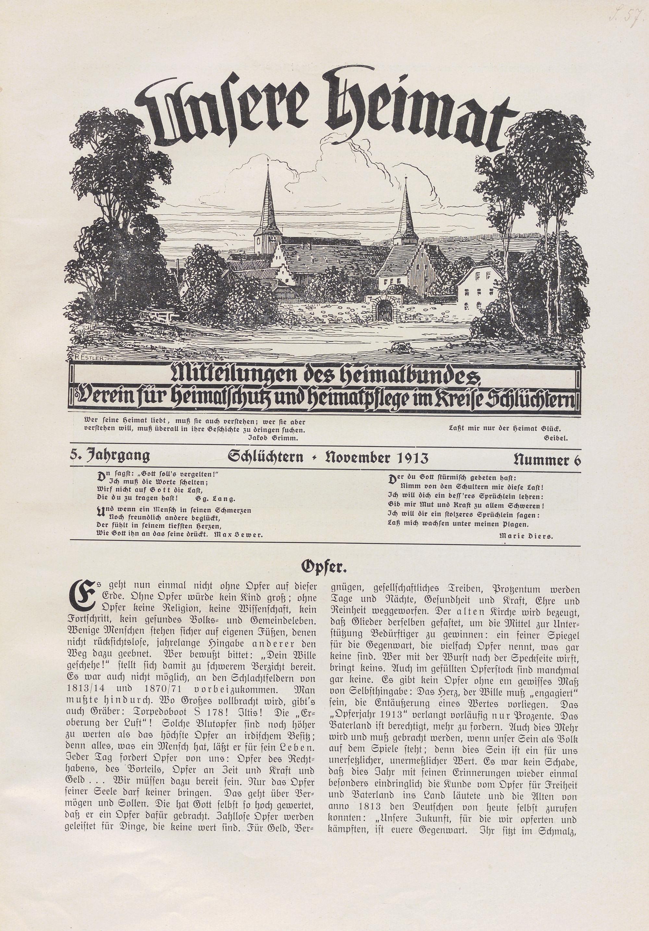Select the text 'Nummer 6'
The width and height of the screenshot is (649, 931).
point(547,460)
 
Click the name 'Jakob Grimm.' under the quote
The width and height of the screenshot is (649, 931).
point(272,438)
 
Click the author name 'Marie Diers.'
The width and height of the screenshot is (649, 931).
point(526,535)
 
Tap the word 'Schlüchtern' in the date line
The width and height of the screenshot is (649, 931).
point(265,458)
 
